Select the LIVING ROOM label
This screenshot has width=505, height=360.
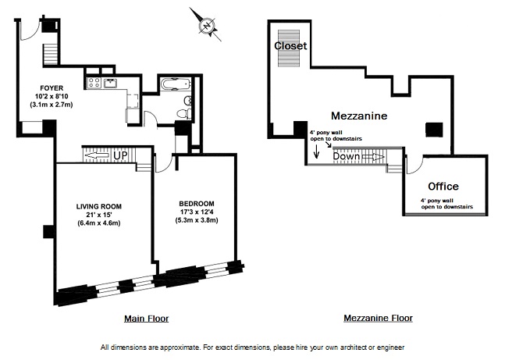point(98,206)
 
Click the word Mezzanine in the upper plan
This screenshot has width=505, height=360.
point(359,116)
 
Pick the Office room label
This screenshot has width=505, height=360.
point(443,187)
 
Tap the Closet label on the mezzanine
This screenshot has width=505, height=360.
point(290,46)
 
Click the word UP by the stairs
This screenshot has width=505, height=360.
point(120,155)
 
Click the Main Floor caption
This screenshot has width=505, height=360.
point(146,319)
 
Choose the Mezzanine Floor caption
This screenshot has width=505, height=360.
point(378,319)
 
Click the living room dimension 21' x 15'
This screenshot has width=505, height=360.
point(98,215)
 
